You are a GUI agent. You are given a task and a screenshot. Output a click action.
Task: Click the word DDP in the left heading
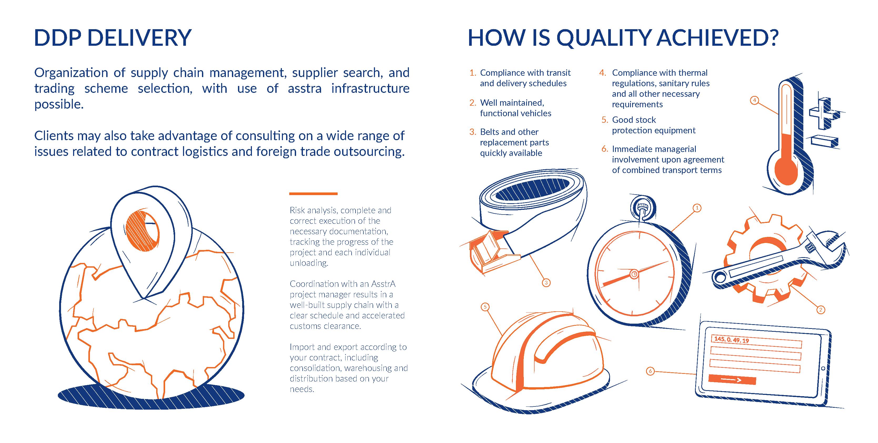pyautogui.click(x=58, y=38)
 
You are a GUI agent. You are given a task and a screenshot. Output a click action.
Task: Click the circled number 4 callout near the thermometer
pyautogui.click(x=754, y=100)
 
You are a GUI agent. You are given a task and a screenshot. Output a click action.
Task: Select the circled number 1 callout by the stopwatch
pyautogui.click(x=697, y=208)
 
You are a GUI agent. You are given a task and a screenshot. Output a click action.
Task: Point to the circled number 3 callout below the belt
pyautogui.click(x=546, y=283)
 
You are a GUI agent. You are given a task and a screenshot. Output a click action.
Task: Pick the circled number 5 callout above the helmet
pyautogui.click(x=485, y=307)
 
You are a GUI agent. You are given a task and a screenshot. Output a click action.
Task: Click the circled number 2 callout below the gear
pyautogui.click(x=820, y=310)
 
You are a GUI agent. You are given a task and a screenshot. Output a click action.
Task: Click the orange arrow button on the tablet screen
pyautogui.click(x=732, y=380)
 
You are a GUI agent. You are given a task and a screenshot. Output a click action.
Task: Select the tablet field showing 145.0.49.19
pyautogui.click(x=756, y=342)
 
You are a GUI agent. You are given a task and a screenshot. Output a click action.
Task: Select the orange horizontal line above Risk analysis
pyautogui.click(x=313, y=194)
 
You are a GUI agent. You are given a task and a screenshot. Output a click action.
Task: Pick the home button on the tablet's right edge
pyautogui.click(x=823, y=368)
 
